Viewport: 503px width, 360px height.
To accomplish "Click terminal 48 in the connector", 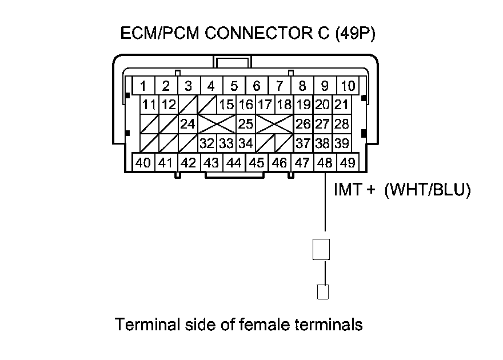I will click(325, 163).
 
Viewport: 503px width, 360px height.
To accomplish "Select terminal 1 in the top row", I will click(143, 86).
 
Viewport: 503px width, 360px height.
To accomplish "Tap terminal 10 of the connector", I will click(348, 86).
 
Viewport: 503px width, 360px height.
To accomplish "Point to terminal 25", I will click(245, 123).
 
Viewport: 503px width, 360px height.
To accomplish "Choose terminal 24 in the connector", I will click(187, 123).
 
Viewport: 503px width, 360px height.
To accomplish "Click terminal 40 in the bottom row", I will click(143, 163).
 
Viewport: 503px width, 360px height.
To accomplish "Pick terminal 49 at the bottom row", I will click(347, 163).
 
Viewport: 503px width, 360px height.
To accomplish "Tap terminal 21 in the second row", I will click(341, 105).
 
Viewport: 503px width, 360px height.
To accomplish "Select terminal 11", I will click(149, 105).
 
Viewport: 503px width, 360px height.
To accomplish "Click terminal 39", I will click(341, 142).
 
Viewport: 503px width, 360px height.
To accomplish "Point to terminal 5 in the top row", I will click(234, 86).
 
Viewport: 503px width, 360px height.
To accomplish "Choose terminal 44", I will click(234, 163).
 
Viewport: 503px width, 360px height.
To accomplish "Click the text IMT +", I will click(354, 191).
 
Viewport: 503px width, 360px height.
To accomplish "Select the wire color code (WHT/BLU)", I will click(428, 191).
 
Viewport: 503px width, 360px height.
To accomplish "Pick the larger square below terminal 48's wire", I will click(321, 250).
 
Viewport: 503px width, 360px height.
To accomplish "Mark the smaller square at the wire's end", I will click(323, 292).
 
